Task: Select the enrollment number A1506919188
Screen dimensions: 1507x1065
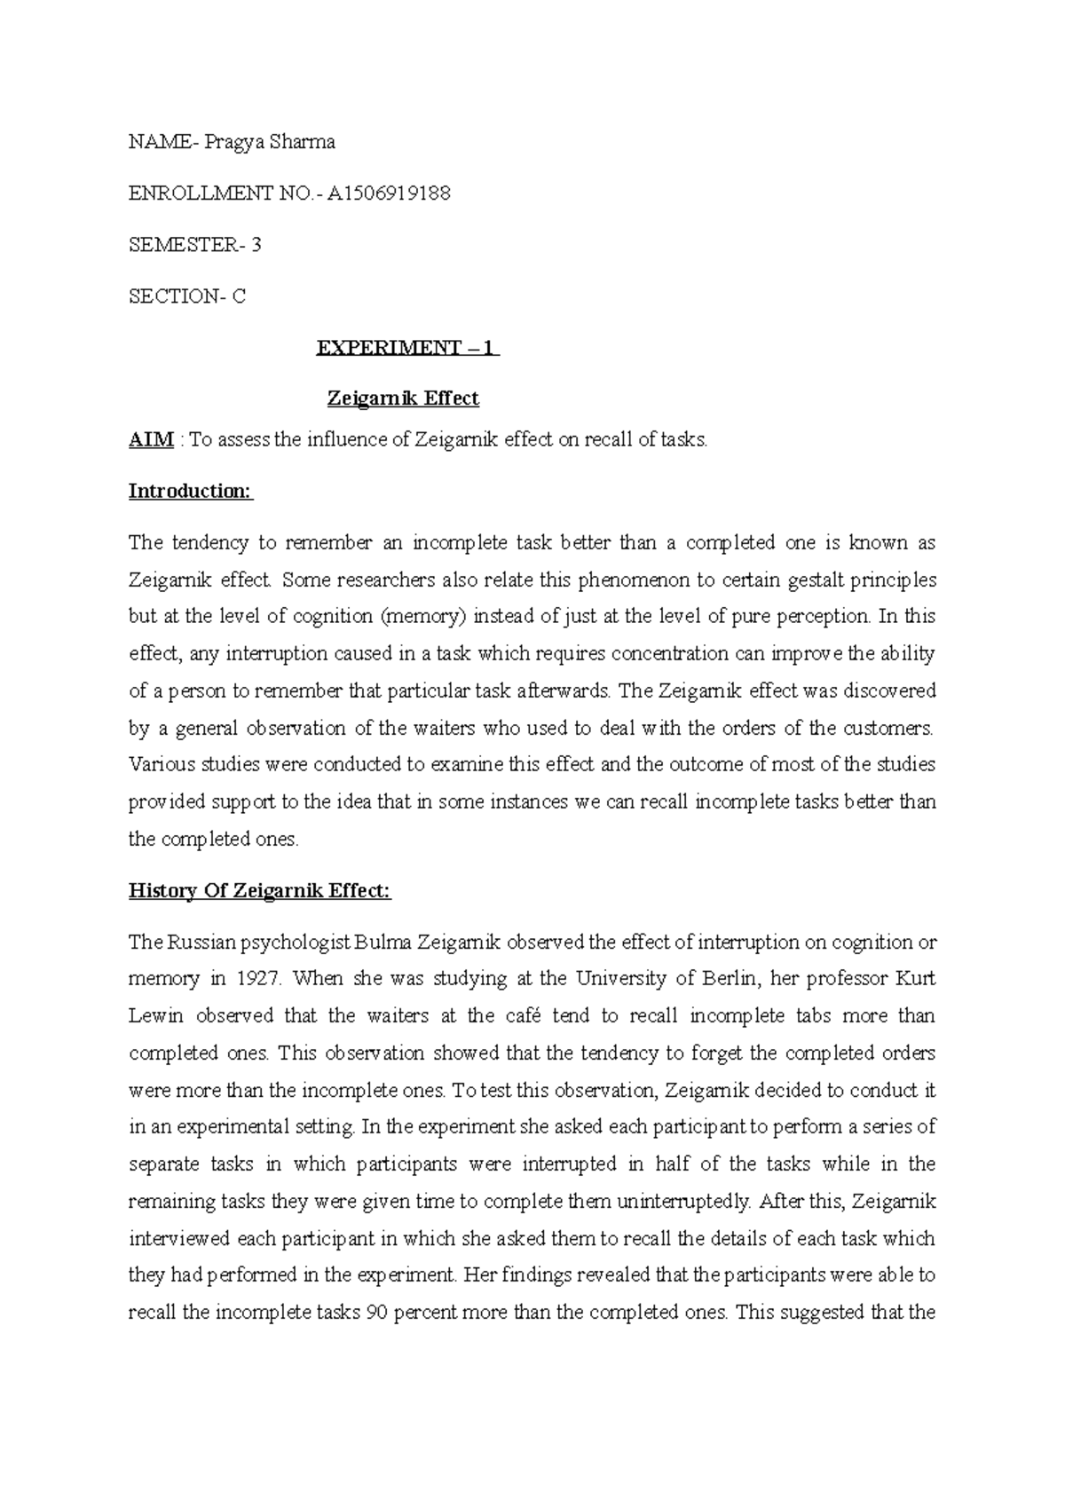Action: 389,193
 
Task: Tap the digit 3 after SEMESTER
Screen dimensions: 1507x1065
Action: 256,245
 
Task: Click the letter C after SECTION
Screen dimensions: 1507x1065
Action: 239,296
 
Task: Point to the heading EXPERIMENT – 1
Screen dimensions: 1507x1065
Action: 407,348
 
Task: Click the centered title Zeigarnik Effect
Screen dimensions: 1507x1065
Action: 403,398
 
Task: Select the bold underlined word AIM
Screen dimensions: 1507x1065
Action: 151,439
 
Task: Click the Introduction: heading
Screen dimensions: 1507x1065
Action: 191,491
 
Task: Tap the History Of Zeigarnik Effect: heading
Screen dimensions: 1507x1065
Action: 260,890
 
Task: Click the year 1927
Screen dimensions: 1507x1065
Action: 258,979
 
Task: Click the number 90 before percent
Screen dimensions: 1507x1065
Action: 376,1313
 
